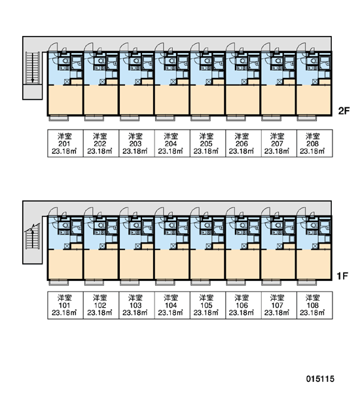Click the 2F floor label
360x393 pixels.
344,111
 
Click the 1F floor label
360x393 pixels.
342,276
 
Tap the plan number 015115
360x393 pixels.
320,379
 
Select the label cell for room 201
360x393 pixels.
65,143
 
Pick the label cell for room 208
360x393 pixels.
315,143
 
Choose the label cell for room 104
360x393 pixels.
172,305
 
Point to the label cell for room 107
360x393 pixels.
279,305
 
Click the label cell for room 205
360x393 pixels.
207,143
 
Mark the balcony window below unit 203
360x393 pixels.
130,118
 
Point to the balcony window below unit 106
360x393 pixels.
236,282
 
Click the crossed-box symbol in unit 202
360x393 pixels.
102,82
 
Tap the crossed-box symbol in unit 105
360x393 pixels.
209,246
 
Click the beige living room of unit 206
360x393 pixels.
243,100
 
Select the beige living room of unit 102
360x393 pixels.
101,265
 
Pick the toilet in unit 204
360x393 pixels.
172,61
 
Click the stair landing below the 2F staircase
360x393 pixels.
33,92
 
